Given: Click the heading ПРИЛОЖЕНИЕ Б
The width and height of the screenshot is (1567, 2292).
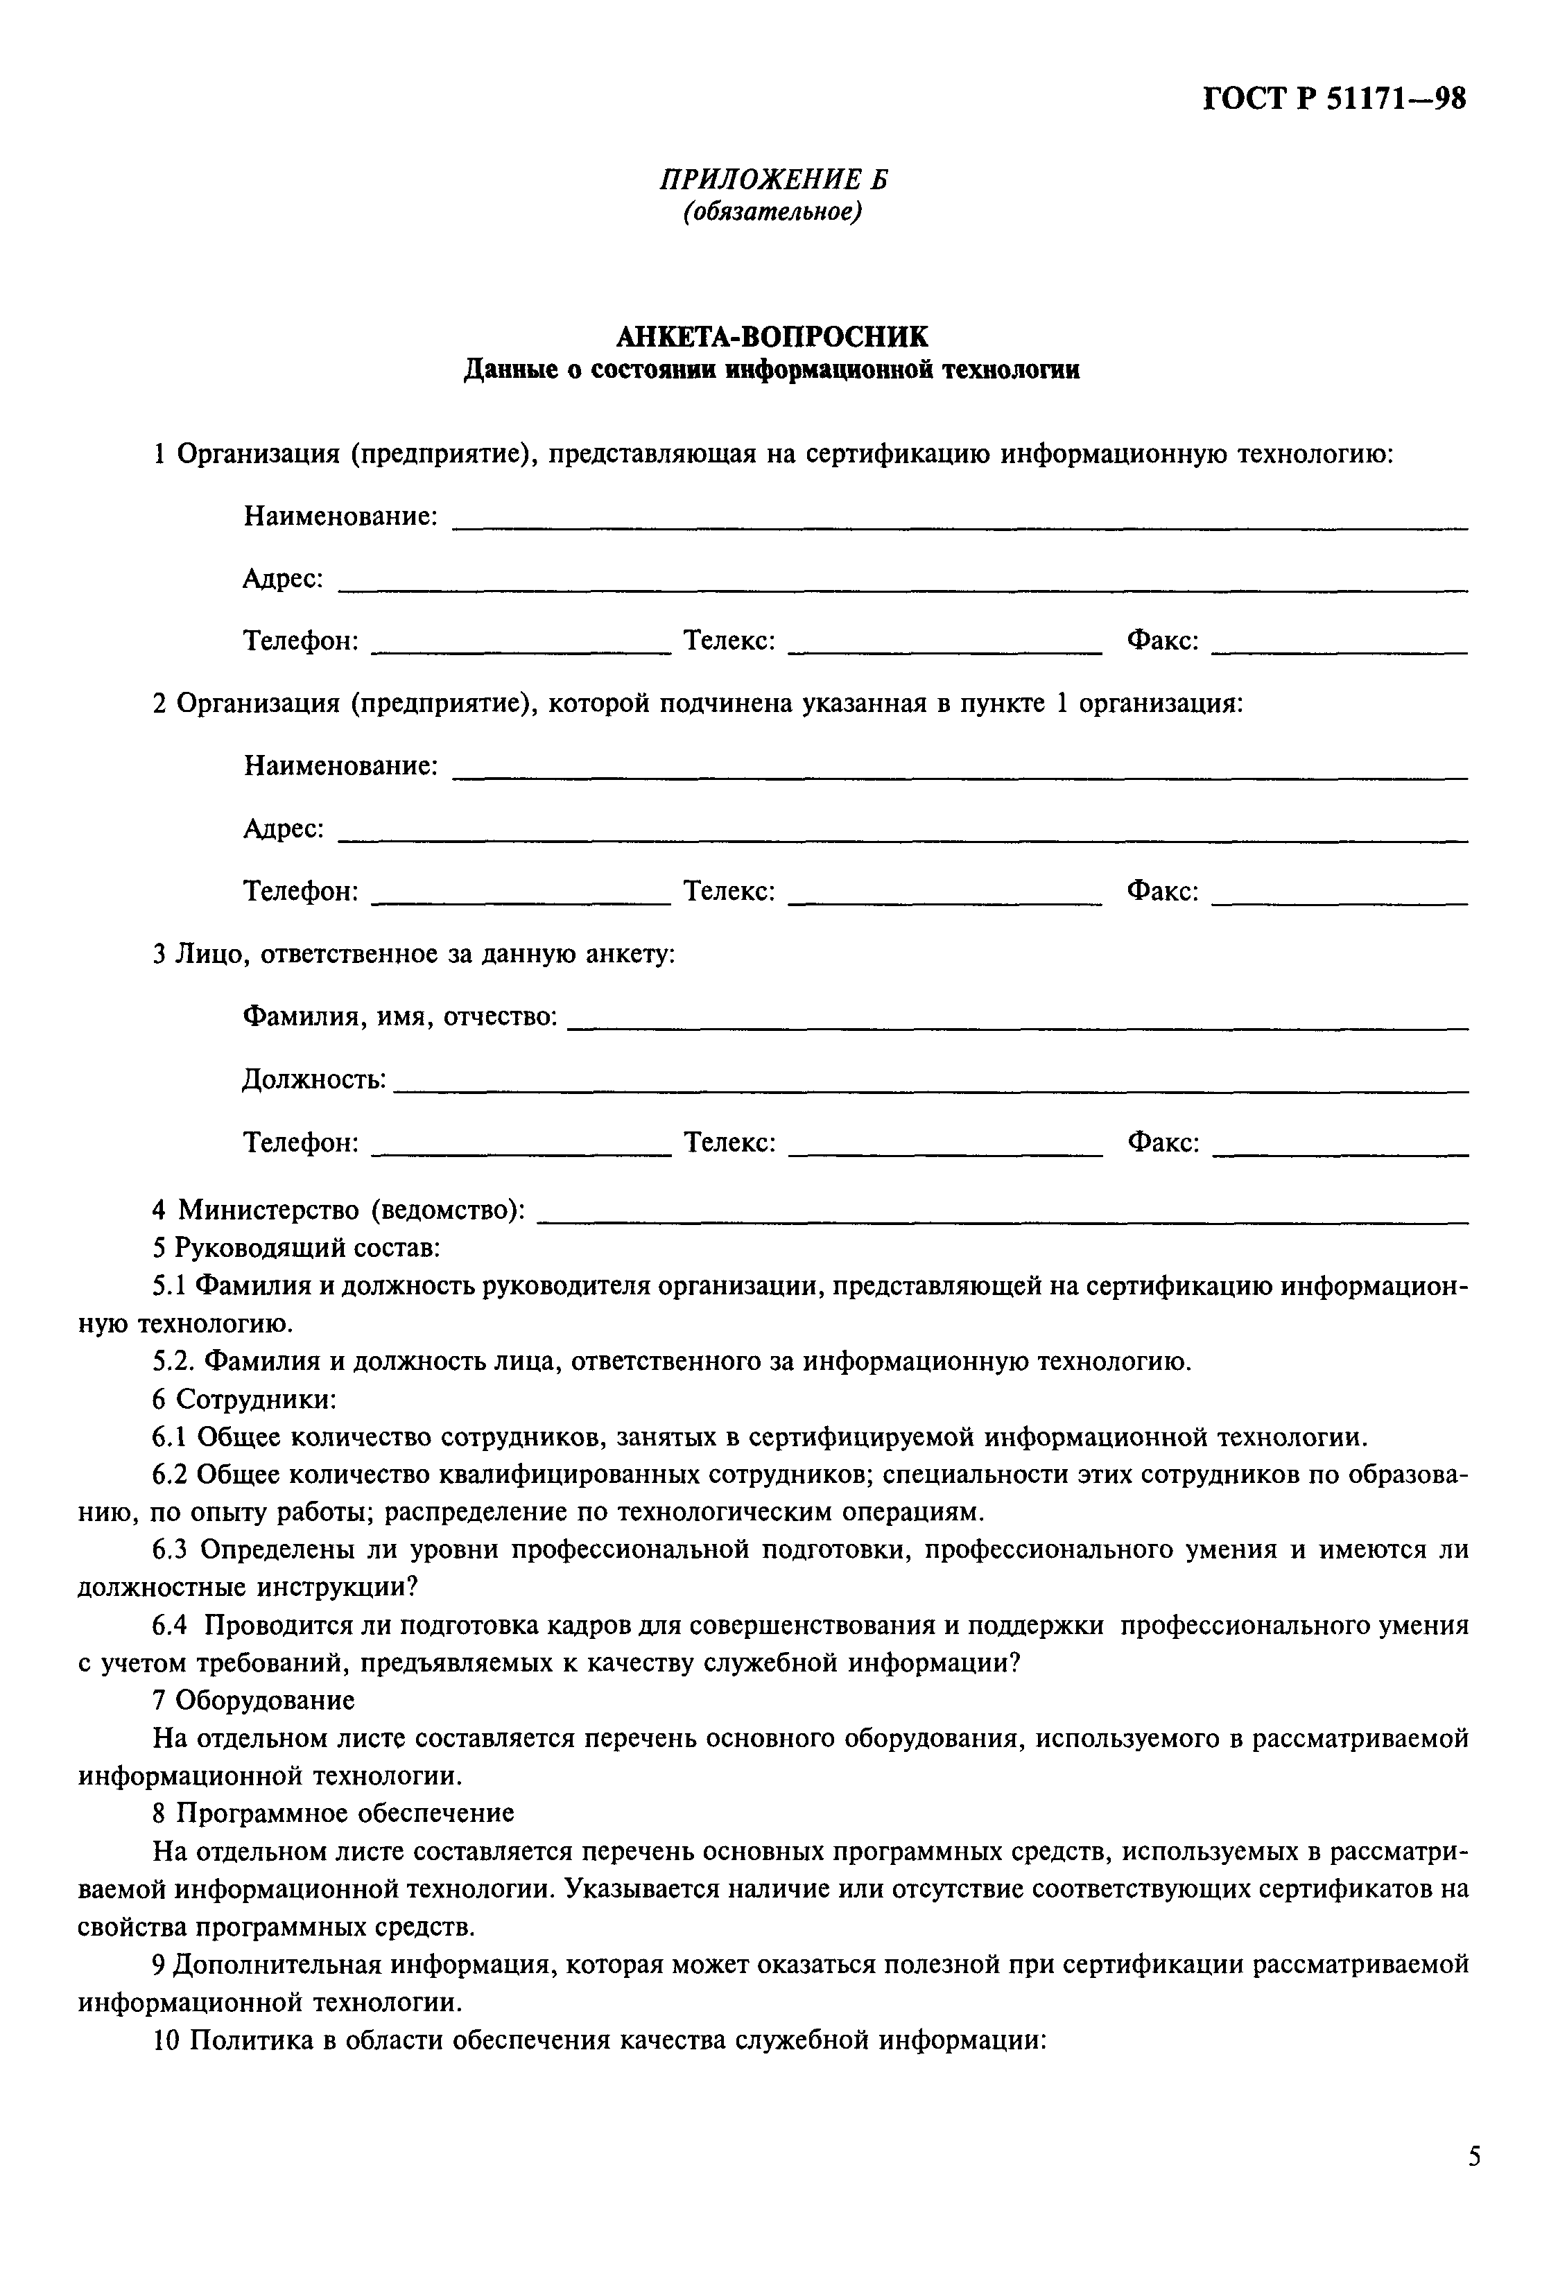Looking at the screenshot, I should point(773,180).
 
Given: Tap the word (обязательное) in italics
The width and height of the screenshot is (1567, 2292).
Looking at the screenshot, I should point(773,212).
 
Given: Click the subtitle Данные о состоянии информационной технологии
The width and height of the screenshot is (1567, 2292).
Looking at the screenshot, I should point(772,371).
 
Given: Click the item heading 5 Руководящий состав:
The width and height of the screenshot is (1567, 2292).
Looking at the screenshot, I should point(296,1248).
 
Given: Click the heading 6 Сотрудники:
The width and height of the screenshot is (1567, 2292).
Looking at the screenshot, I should point(245,1400).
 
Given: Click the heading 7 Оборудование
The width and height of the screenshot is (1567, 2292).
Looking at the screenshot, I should point(254,1700).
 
